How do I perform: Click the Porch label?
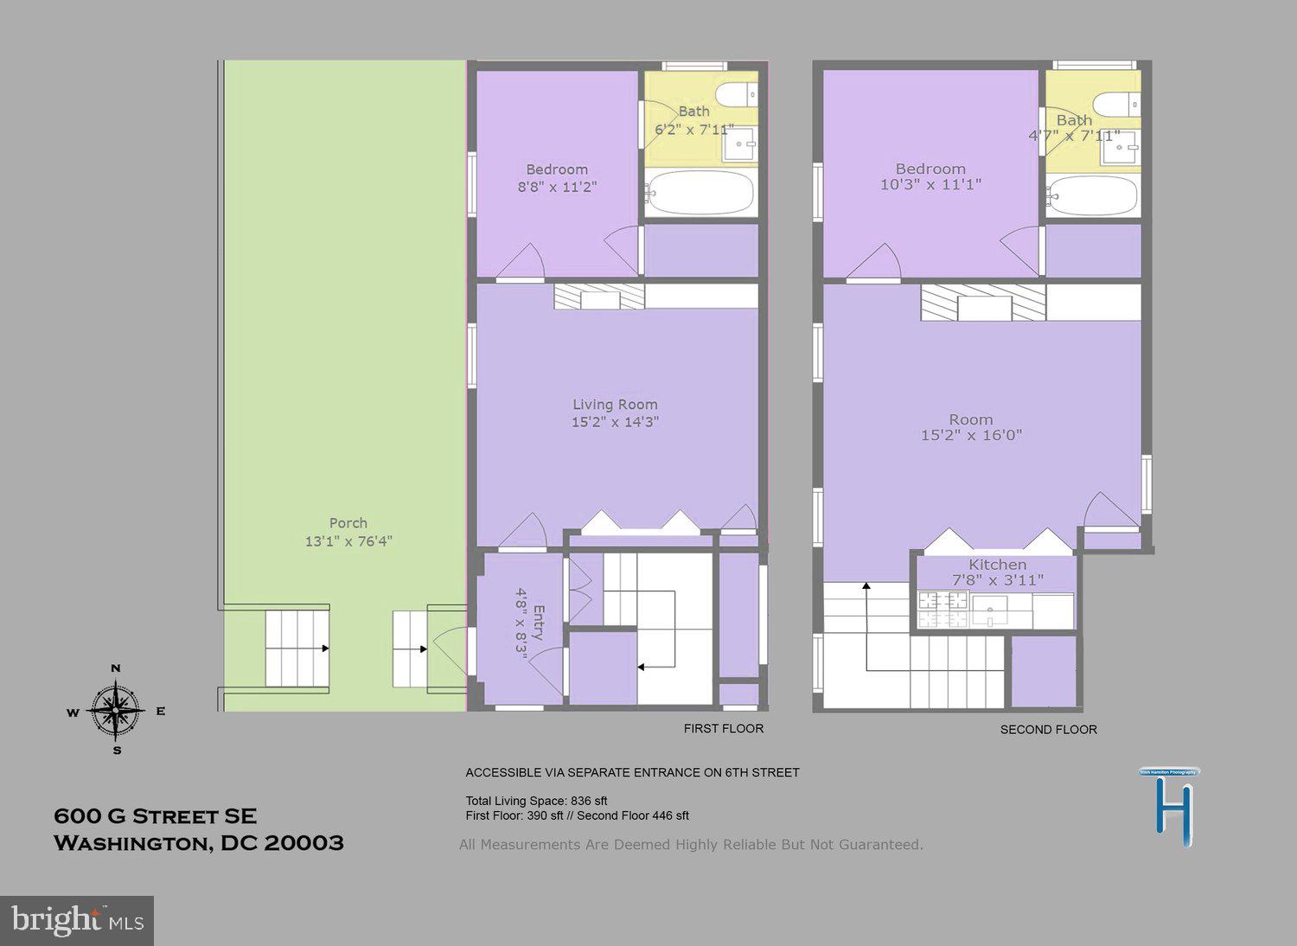[348, 523]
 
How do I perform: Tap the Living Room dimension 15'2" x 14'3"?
[615, 423]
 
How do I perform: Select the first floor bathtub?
[700, 194]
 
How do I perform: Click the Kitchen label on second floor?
[997, 565]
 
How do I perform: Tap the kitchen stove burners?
[942, 609]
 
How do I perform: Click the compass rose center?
[116, 710]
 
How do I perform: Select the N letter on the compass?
[116, 668]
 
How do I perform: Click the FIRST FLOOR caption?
[724, 729]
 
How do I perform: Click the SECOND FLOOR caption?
[1048, 730]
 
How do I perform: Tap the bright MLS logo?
[77, 920]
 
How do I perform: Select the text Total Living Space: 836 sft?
[536, 801]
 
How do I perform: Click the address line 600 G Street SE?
[156, 816]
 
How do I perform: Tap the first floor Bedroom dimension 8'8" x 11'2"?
[557, 187]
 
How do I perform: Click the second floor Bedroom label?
[930, 169]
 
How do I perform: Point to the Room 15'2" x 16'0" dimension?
[971, 436]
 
